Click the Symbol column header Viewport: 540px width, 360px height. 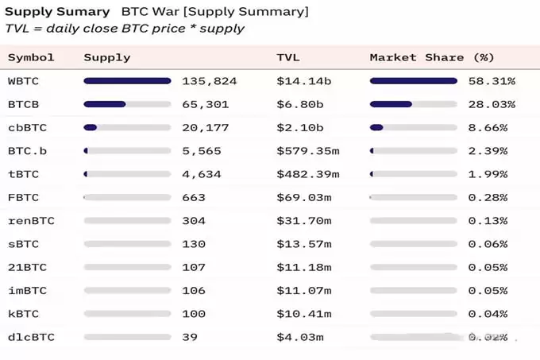click(x=31, y=57)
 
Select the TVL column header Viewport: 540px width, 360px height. click(x=288, y=57)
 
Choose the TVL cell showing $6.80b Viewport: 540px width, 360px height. click(x=300, y=104)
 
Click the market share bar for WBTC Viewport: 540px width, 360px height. click(x=413, y=81)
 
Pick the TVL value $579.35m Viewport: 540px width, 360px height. click(x=307, y=151)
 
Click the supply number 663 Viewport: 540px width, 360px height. click(x=194, y=197)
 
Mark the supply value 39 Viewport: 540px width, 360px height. click(x=191, y=337)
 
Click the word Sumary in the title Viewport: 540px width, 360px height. click(x=87, y=13)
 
